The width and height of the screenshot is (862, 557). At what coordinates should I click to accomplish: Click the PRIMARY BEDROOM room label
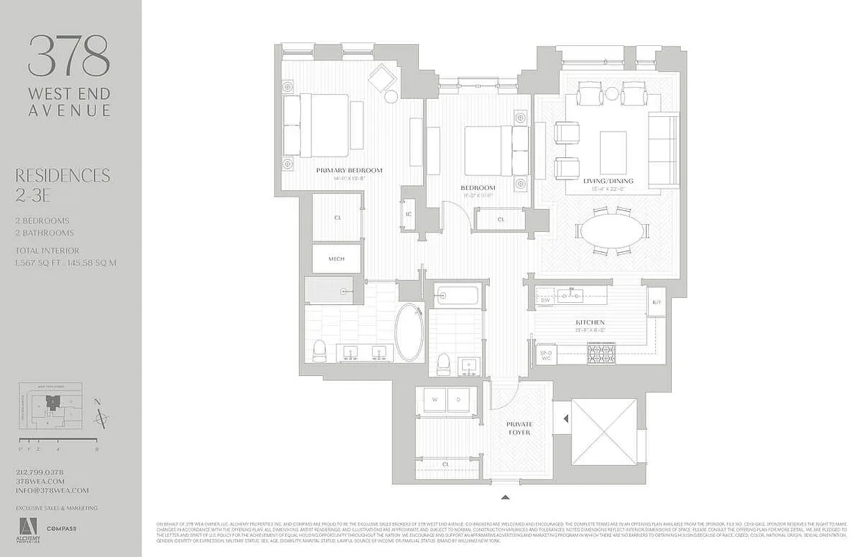point(348,171)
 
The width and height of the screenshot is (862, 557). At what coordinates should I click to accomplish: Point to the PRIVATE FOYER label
point(519,427)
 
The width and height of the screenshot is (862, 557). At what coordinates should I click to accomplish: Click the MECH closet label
point(337,259)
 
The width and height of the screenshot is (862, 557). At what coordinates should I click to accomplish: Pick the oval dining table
point(614,232)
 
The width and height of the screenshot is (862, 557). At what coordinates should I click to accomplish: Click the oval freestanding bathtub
point(409,332)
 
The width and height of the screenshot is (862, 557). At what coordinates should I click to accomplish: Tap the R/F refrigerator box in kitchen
point(656,302)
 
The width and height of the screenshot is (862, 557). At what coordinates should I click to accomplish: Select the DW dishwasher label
point(545,300)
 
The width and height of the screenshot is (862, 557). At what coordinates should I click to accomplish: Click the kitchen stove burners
point(601,355)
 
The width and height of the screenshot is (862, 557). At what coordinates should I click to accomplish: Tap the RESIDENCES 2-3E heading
point(63,185)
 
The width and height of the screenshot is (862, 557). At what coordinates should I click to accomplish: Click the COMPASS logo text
point(61,528)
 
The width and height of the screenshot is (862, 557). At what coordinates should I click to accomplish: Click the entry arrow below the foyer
point(505,497)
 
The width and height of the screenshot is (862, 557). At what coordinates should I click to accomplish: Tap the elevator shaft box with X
point(604,432)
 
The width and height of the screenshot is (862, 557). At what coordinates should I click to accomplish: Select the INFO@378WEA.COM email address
point(52,490)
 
